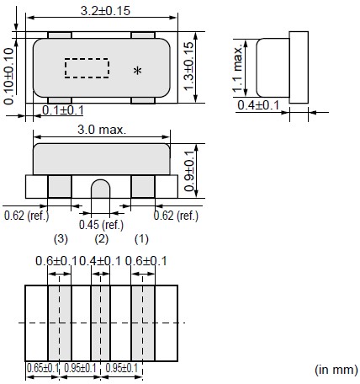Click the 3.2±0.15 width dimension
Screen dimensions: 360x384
(105, 11)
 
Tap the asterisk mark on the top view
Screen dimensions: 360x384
(137, 71)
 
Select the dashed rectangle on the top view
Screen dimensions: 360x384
(87, 68)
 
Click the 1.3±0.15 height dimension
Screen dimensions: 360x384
(188, 67)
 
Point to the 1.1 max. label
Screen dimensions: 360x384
(237, 68)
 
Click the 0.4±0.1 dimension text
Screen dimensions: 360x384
(258, 105)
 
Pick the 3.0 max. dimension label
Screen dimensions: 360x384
(102, 130)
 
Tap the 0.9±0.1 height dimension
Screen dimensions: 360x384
(189, 171)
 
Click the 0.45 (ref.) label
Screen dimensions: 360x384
(101, 225)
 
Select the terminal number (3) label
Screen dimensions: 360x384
(61, 239)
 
